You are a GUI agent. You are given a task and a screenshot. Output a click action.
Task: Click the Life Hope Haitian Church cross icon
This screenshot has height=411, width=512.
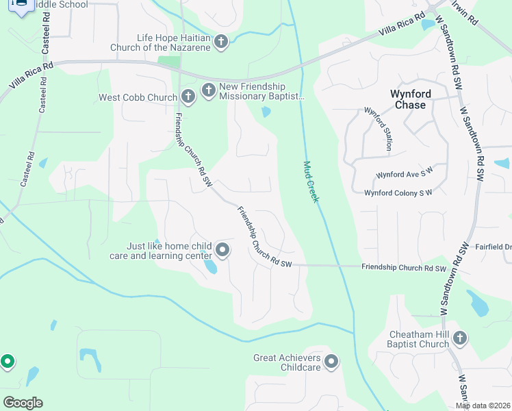(220, 42)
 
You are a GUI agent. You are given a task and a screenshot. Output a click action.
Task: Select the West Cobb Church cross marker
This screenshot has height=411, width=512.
(188, 97)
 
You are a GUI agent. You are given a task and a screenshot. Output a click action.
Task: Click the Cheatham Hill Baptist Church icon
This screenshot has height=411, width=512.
(460, 338)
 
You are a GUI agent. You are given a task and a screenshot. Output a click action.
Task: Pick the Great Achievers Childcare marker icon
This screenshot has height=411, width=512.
(331, 362)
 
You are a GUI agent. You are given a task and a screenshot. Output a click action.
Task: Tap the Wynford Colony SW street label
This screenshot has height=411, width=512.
(398, 193)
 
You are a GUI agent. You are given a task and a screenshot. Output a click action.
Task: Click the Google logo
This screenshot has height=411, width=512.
(23, 402)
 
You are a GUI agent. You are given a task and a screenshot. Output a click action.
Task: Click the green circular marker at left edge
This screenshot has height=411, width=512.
(8, 360)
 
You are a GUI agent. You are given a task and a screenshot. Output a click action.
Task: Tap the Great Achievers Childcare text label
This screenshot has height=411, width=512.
(287, 362)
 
